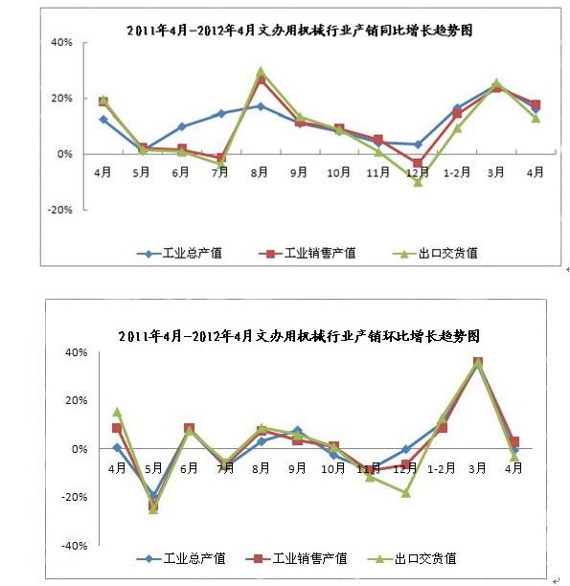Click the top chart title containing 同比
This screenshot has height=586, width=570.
(x=300, y=31)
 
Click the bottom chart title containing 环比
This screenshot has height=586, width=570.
(x=299, y=336)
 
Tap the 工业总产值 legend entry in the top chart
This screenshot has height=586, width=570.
(x=179, y=254)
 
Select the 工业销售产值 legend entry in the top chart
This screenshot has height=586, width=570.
(x=308, y=254)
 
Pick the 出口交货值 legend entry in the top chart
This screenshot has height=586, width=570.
(x=435, y=254)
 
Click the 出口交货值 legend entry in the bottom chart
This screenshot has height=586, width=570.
(x=412, y=559)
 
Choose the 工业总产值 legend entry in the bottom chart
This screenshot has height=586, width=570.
(x=181, y=559)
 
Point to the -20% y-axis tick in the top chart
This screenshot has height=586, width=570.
(x=59, y=210)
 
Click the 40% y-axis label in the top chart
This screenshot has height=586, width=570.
(x=61, y=42)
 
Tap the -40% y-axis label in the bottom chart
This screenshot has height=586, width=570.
(x=75, y=546)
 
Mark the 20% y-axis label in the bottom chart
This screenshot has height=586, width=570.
(x=77, y=400)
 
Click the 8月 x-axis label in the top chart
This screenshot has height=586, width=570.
(x=259, y=172)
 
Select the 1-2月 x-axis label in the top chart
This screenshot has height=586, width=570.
(x=457, y=172)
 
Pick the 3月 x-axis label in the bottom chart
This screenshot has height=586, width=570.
(x=477, y=468)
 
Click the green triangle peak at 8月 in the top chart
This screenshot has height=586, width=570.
(x=261, y=72)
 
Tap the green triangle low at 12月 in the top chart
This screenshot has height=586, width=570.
(x=418, y=182)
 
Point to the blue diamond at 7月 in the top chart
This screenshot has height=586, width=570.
(x=221, y=114)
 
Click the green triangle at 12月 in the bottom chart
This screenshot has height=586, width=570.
(x=406, y=493)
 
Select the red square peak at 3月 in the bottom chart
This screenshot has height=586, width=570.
(x=478, y=362)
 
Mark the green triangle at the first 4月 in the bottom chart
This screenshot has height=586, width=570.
(x=117, y=412)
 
